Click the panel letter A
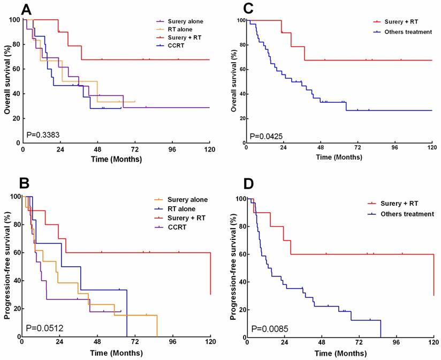pyautogui.click(x=12, y=9)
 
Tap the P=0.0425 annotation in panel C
pyautogui.click(x=267, y=137)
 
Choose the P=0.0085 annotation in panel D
pyautogui.click(x=269, y=328)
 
